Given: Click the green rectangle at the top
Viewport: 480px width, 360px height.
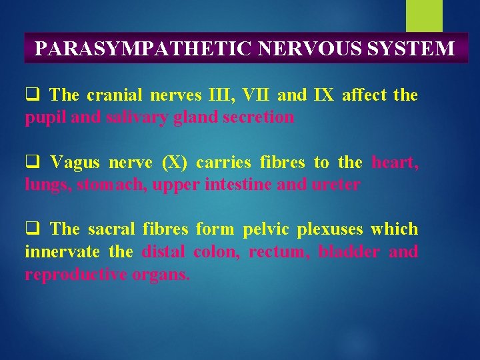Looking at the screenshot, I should (424, 15).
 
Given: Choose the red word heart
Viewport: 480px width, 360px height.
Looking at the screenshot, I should (395, 162).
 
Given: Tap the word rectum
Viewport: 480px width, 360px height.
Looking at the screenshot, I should (279, 252).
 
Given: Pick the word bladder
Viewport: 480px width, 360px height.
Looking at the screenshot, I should (349, 252).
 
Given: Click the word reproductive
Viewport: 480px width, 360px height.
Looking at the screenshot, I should (70, 275).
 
